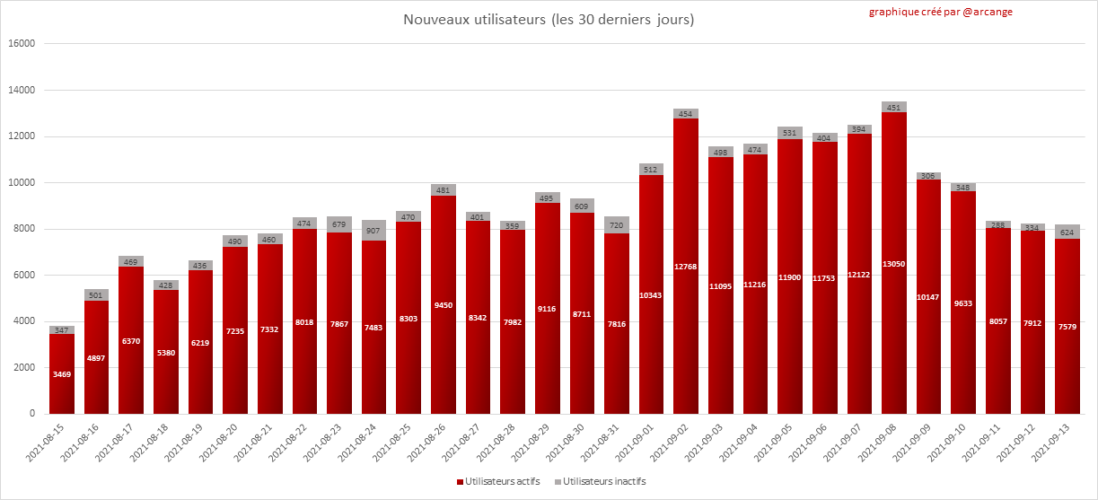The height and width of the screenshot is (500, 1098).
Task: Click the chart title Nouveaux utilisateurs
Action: [548, 19]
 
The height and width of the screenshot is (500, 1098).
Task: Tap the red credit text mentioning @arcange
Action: [940, 13]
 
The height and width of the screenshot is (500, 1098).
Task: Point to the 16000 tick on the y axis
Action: [21, 44]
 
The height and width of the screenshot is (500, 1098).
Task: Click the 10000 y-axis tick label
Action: [21, 183]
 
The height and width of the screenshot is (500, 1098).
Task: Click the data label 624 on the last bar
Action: [1067, 232]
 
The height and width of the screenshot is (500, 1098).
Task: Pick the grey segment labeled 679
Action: [339, 224]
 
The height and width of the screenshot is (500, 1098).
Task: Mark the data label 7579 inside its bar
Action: [1067, 327]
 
